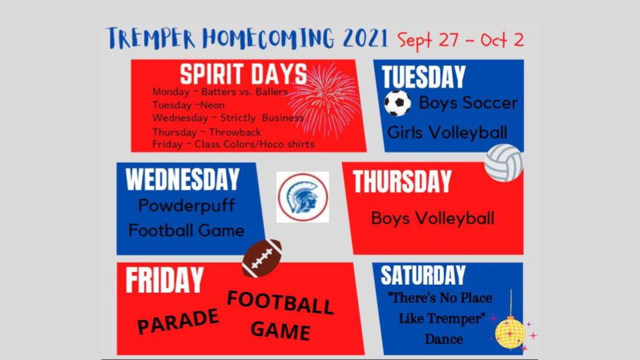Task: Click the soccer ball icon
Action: point(397,103)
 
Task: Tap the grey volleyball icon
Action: point(504,163)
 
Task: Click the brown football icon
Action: point(262,258)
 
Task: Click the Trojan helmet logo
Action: point(303,197)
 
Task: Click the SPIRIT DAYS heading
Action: point(243,74)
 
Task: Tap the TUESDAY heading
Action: point(423,77)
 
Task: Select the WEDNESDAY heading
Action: point(183,179)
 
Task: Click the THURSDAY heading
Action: point(402,181)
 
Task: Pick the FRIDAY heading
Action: point(165,280)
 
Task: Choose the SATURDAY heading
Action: point(423,275)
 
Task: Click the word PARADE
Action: point(178,321)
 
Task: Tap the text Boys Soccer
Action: point(469,103)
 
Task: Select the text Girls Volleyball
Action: point(447,133)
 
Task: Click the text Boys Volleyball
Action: point(433,219)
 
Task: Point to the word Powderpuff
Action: point(187,205)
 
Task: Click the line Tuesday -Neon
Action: point(189,105)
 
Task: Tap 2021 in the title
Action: point(365,39)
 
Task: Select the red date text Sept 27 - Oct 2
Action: point(461,41)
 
